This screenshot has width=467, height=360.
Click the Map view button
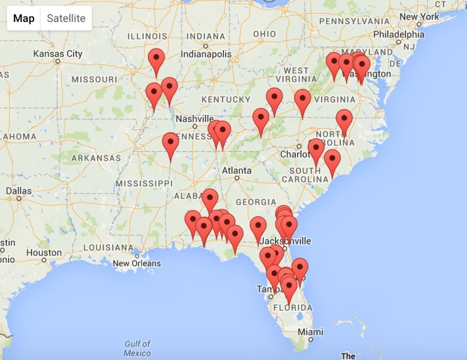pos(24,18)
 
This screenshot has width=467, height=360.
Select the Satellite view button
pos(66,18)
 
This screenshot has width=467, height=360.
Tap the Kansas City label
pos(58,53)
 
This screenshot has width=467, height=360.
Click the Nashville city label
pos(195,118)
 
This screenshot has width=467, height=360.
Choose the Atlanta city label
pos(236,170)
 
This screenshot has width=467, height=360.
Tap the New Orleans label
pos(137,263)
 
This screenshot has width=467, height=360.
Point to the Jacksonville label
pos(294,241)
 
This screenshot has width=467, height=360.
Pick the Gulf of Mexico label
pos(138,348)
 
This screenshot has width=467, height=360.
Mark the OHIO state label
pos(264,34)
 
